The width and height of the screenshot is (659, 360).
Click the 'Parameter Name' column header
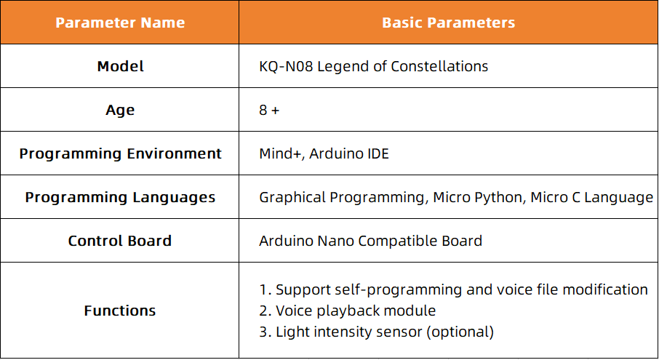[x=120, y=23]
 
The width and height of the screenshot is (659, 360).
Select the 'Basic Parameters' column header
[x=449, y=23]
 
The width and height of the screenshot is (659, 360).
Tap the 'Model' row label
[x=120, y=66]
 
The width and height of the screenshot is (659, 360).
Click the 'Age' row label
[x=120, y=110]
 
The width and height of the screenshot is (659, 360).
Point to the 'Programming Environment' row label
[x=120, y=153]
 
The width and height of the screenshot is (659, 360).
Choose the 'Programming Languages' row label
[x=120, y=197]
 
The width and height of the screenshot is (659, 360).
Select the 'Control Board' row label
[x=120, y=241]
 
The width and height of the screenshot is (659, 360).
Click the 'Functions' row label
[x=120, y=311]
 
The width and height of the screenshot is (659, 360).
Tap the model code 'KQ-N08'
[x=286, y=66]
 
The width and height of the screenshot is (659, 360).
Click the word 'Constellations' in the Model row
[x=439, y=66]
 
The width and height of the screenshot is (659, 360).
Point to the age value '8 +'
[x=269, y=110]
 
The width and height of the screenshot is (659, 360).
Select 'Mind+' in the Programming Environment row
[x=281, y=153]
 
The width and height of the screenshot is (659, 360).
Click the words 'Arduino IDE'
[x=349, y=153]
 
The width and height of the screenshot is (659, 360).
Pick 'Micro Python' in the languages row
[x=479, y=197]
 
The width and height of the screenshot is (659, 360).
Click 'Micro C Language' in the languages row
[x=592, y=197]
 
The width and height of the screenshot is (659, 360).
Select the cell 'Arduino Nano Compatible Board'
[x=371, y=241]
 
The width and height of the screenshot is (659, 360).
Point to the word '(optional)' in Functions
[x=460, y=332]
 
